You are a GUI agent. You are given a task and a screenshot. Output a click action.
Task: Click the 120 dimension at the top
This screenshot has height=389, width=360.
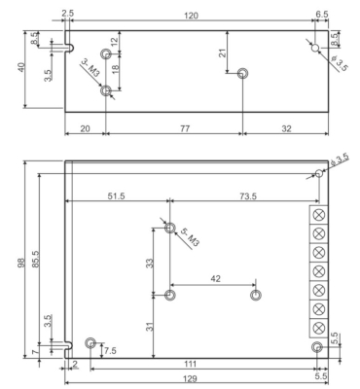click(x=191, y=16)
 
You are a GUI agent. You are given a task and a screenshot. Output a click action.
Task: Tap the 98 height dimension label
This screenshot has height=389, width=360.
click(x=20, y=263)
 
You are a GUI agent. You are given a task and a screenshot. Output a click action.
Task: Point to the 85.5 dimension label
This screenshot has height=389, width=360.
click(x=35, y=259)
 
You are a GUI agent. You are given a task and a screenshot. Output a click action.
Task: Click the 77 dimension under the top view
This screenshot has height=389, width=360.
click(x=185, y=128)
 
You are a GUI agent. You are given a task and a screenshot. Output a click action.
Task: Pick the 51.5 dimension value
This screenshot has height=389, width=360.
click(x=116, y=196)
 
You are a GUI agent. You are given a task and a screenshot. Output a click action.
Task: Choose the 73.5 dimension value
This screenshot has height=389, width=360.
click(x=248, y=196)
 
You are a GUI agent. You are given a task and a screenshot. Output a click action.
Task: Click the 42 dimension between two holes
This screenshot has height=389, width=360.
click(x=215, y=278)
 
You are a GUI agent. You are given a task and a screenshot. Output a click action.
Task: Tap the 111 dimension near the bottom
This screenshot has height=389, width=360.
click(x=190, y=364)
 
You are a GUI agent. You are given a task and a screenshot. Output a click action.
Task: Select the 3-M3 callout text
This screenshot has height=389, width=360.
click(x=90, y=67)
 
